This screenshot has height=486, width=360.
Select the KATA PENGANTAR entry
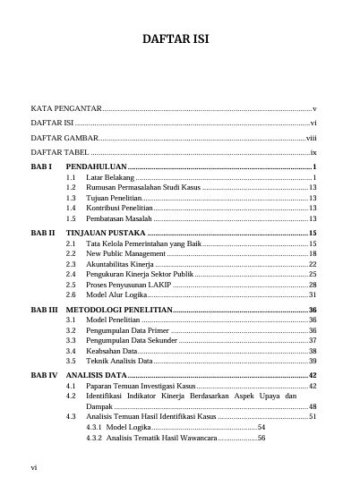click(x=66, y=107)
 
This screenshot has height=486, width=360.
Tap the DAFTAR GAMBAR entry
click(x=64, y=138)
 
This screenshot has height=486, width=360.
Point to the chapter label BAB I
click(x=42, y=167)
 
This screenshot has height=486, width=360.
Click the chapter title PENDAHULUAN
click(x=96, y=167)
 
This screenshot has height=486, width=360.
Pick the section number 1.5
click(x=71, y=217)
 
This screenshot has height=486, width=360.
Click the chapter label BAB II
click(x=43, y=233)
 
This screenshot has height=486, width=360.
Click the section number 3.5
click(x=71, y=361)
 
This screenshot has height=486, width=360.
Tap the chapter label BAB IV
click(x=44, y=375)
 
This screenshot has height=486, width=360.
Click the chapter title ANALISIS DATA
click(x=96, y=375)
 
